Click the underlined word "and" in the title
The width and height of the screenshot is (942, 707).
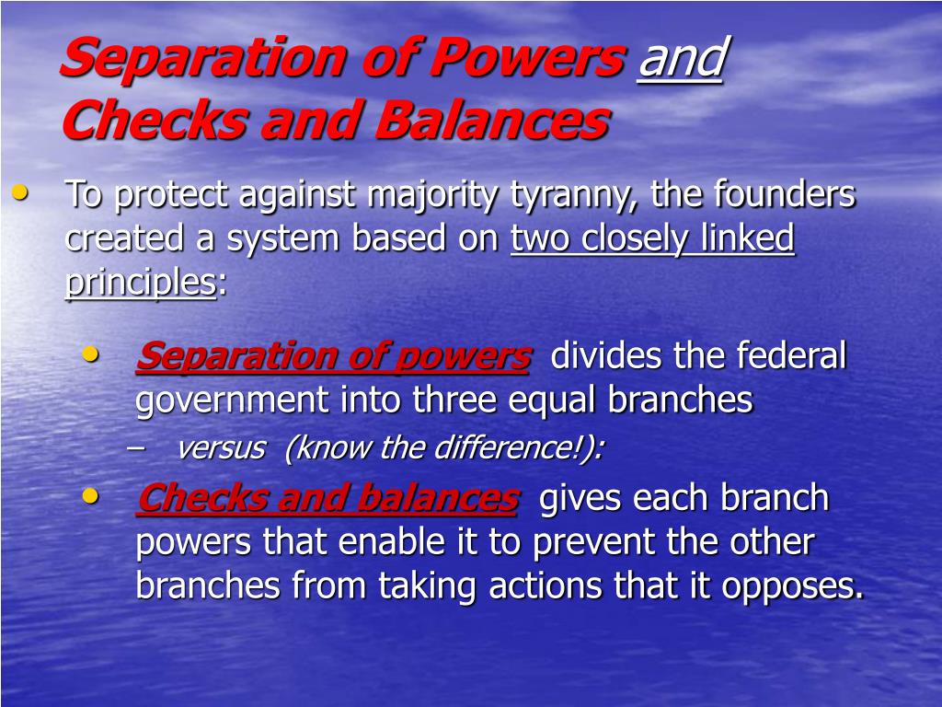(682, 58)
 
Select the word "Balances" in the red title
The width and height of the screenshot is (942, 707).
(493, 120)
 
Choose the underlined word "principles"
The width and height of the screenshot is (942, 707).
(141, 282)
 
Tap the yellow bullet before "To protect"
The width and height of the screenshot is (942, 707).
(20, 192)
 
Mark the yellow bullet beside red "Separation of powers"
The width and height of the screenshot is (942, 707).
(91, 353)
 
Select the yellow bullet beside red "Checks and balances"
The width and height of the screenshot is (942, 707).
(91, 496)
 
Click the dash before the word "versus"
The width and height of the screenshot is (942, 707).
(136, 447)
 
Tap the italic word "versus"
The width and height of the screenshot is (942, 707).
(221, 448)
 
